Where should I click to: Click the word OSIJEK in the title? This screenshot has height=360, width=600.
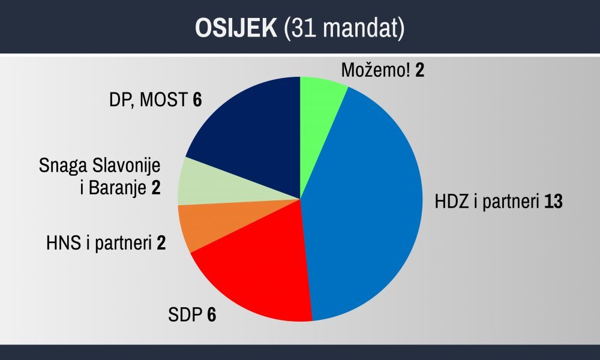point(236,28)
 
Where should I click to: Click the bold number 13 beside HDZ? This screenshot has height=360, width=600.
point(553,201)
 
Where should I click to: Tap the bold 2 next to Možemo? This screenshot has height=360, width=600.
point(420,70)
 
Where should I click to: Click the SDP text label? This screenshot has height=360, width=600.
point(185,314)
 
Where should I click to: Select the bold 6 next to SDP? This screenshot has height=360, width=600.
point(212,314)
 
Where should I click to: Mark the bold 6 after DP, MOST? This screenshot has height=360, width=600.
point(197,100)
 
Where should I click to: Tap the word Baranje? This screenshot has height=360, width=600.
point(118,188)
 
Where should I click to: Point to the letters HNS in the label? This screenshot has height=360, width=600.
point(64,243)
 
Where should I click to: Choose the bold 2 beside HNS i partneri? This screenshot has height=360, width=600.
point(161,243)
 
